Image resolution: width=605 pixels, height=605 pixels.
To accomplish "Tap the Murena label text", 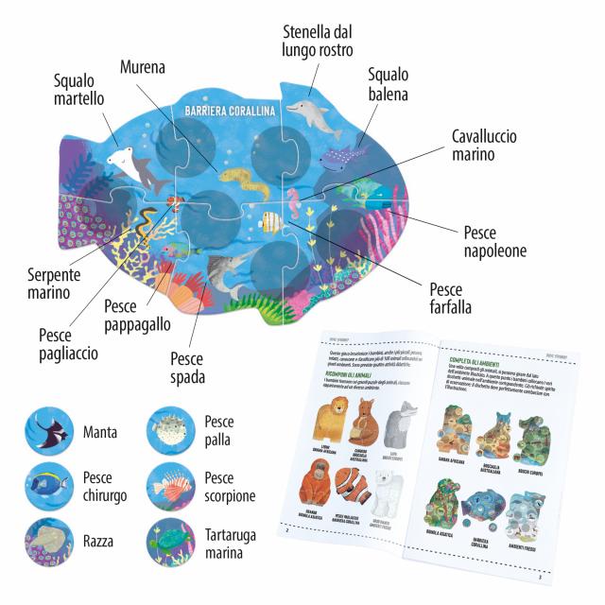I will coord(143,67).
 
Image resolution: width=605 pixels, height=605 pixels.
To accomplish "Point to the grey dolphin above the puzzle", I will coord(313,113).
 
